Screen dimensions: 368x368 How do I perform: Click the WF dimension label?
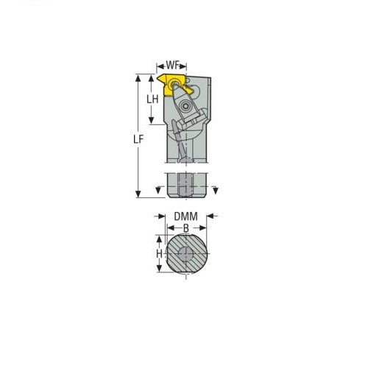click(174, 65)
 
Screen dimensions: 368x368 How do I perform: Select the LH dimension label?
click(154, 99)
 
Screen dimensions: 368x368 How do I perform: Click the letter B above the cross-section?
click(185, 228)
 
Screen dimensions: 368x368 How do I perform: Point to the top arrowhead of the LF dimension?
click(138, 76)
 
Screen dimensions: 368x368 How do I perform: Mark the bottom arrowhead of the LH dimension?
click(154, 124)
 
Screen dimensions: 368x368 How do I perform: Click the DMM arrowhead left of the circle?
click(161, 216)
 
